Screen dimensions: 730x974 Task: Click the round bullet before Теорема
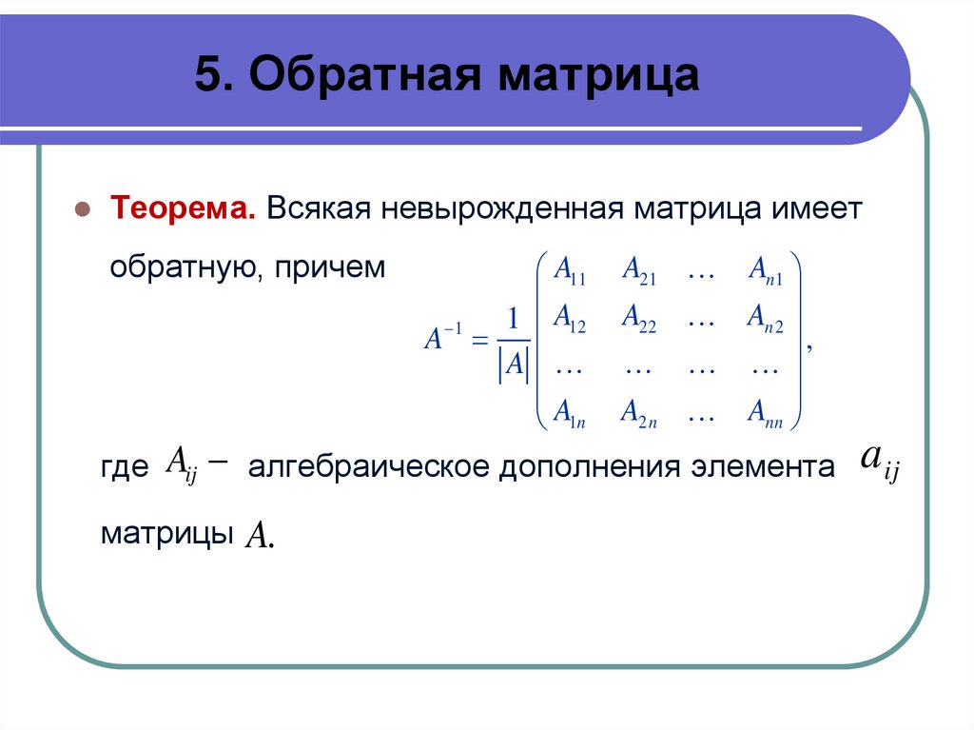click(x=83, y=208)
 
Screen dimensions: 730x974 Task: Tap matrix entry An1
click(x=764, y=273)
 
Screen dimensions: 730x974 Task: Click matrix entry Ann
click(x=764, y=412)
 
